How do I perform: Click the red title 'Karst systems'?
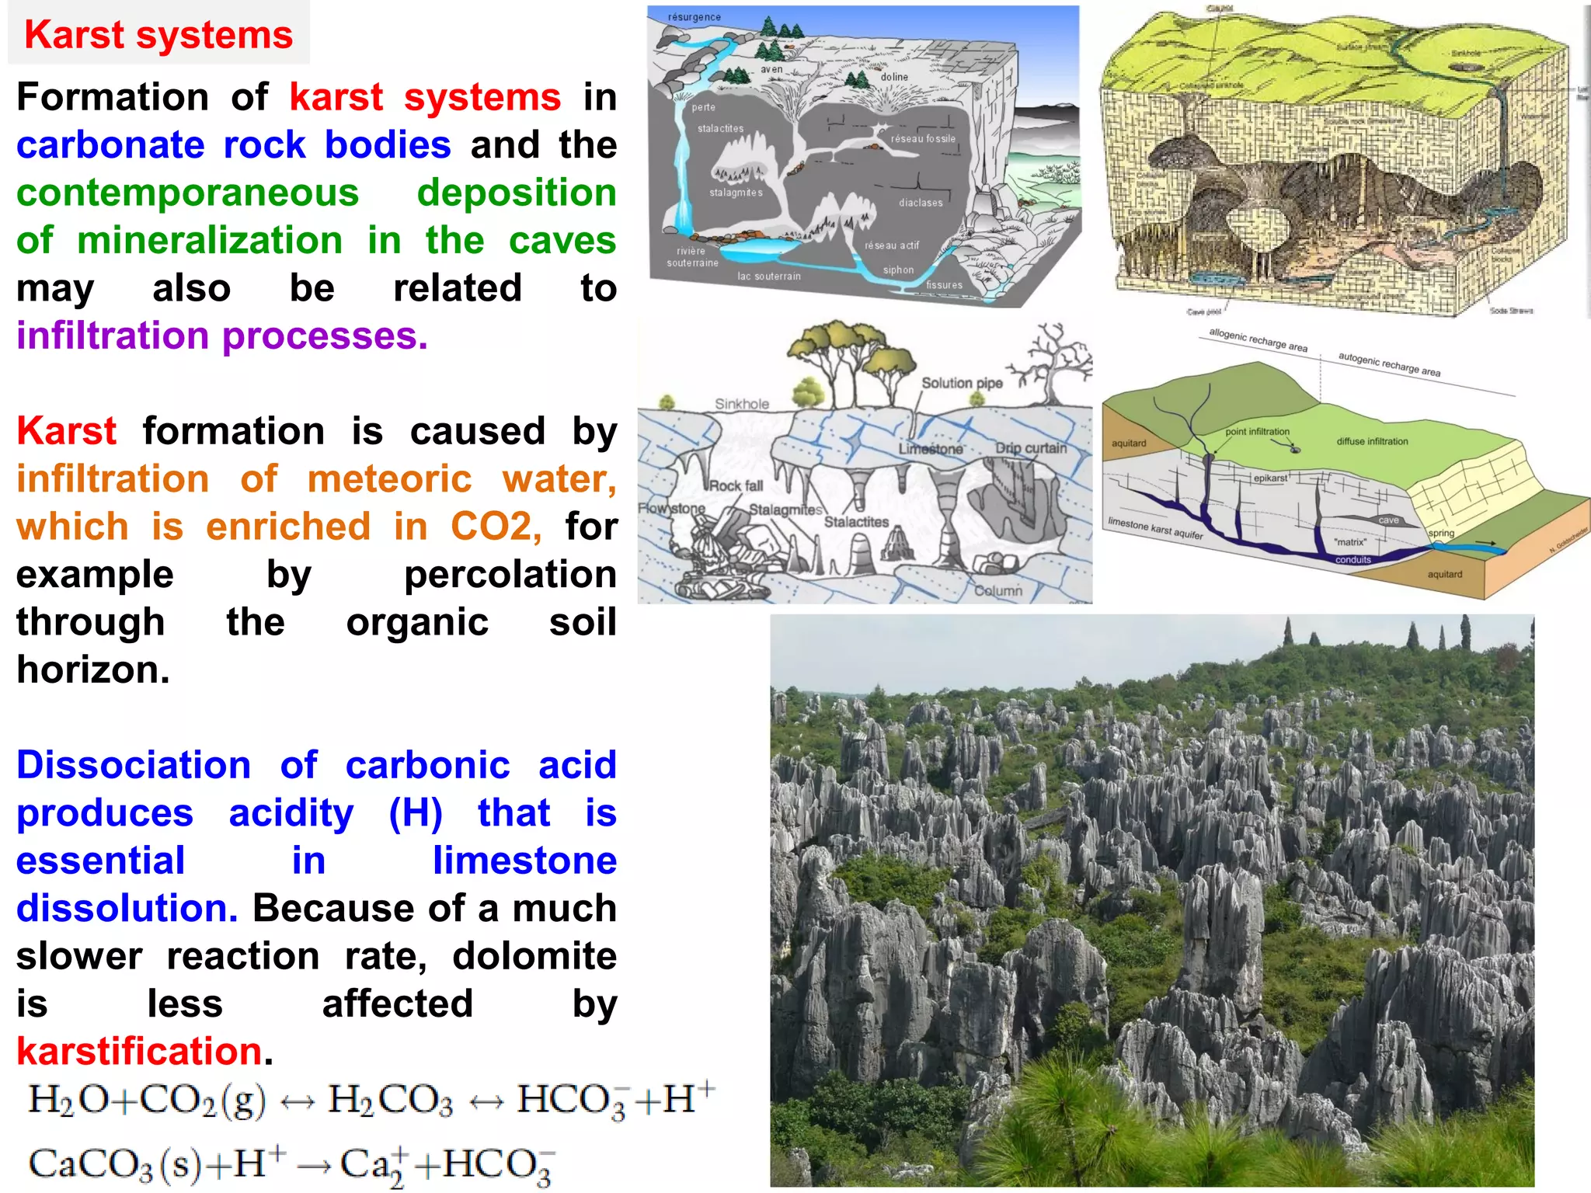click(158, 35)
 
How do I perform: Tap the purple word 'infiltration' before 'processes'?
click(113, 336)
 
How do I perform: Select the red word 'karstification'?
click(139, 1052)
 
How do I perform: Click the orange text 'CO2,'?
click(496, 527)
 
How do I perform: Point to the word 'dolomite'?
click(534, 956)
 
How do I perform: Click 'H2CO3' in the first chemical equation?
click(390, 1101)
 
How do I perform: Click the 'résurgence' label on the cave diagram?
click(695, 17)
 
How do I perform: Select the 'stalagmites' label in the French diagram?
click(736, 193)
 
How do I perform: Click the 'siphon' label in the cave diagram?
click(898, 270)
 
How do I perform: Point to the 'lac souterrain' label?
click(768, 277)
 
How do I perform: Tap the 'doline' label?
click(894, 77)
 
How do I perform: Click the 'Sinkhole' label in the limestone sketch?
click(742, 404)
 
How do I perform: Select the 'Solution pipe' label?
click(962, 383)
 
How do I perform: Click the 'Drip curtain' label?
click(1031, 448)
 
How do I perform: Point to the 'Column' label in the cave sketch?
click(998, 591)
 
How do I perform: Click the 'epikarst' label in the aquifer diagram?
click(1270, 478)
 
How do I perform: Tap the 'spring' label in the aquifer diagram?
click(1441, 533)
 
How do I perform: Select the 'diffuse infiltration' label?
click(1372, 441)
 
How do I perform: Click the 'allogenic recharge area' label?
click(1258, 340)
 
